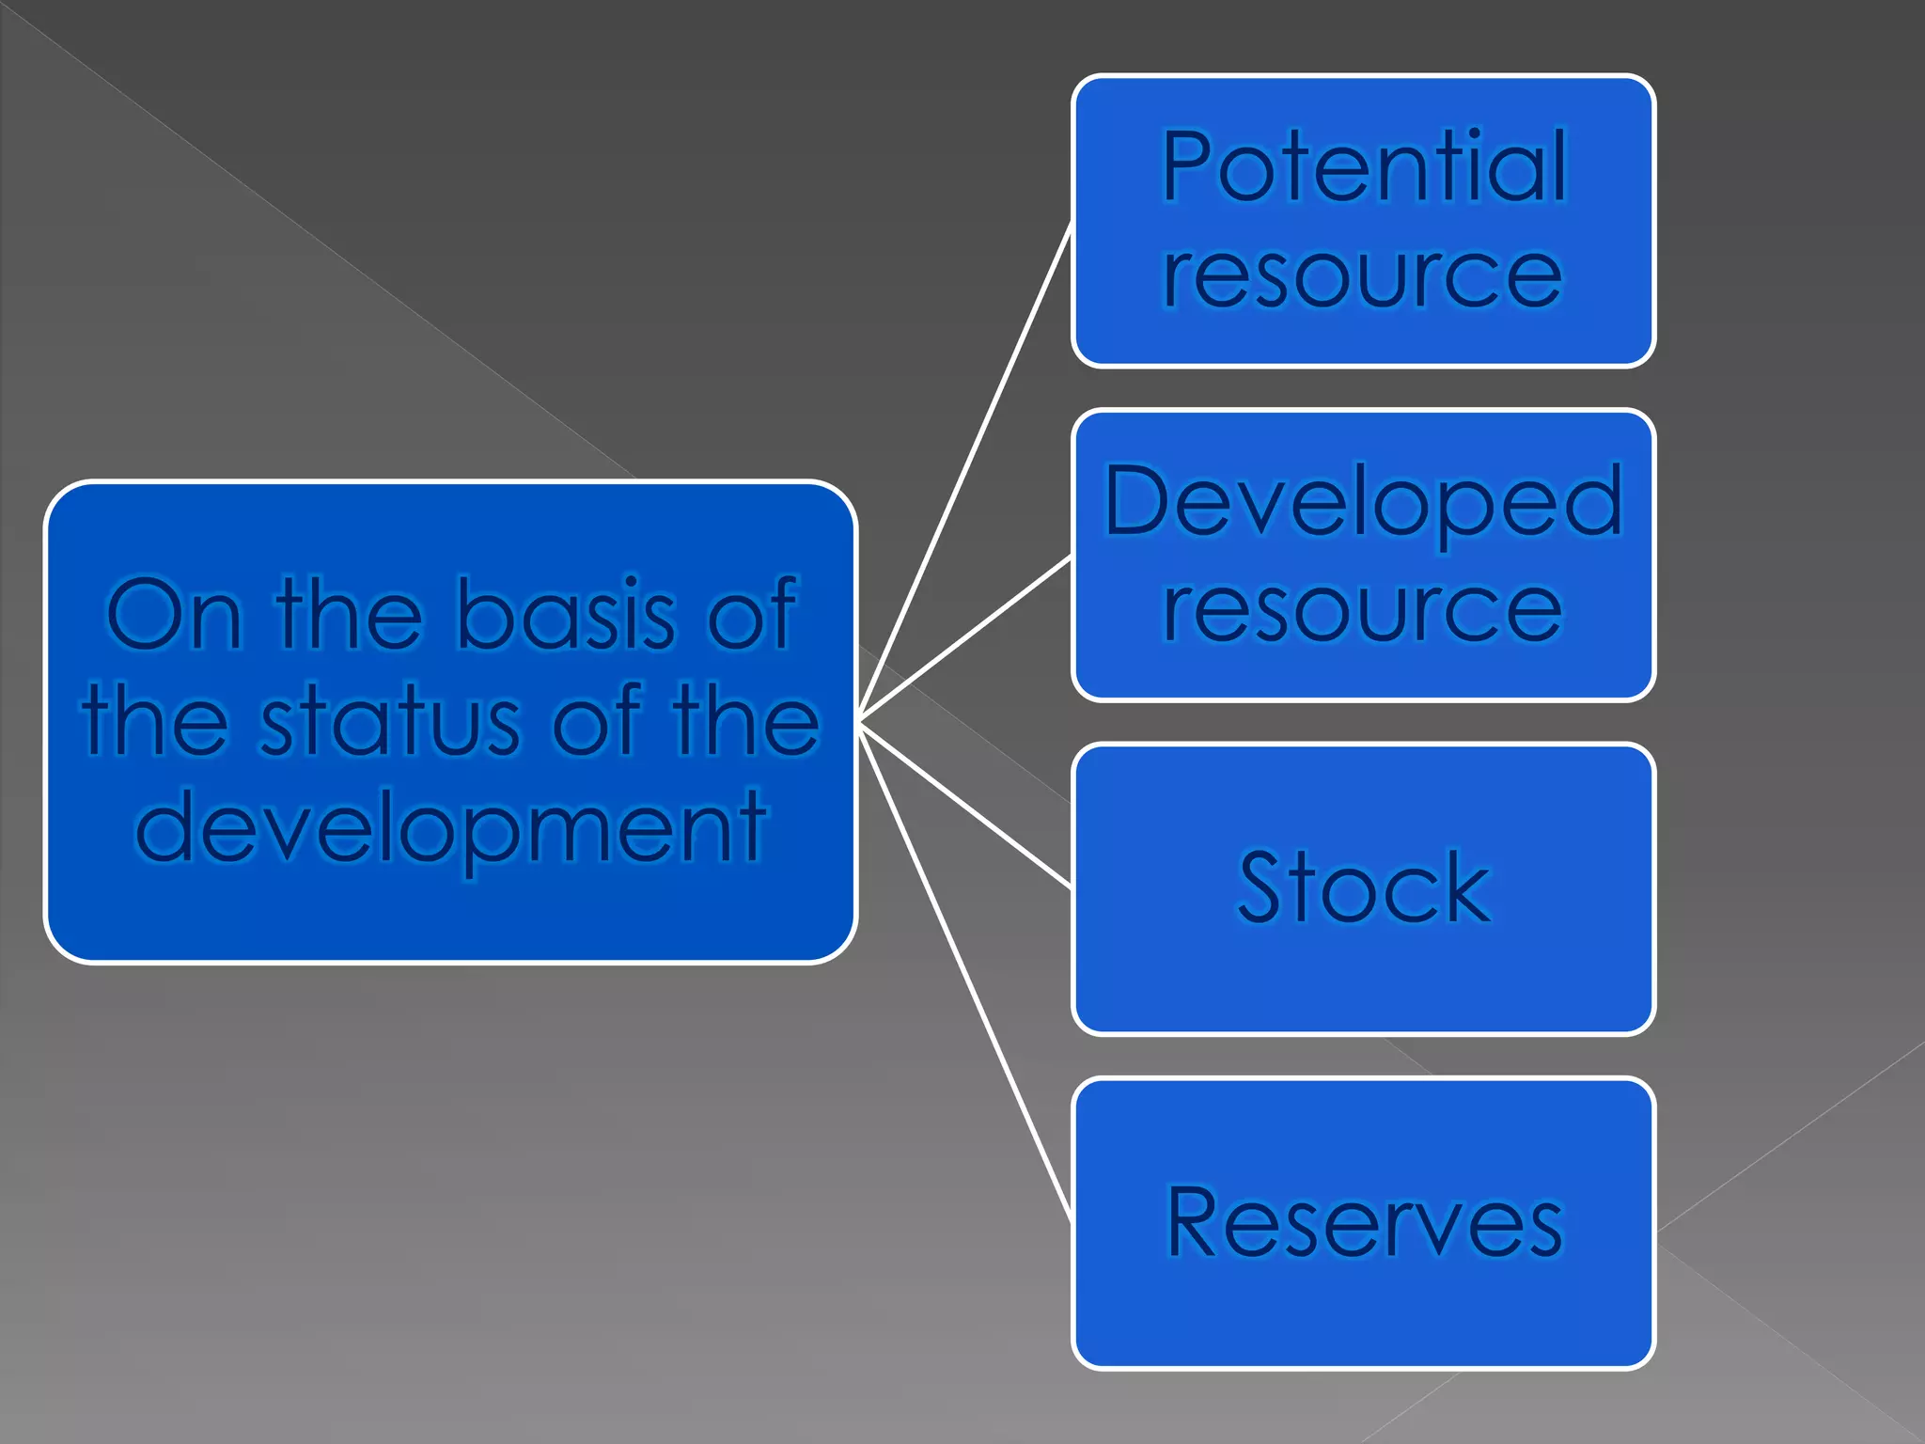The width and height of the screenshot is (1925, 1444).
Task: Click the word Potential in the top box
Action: click(x=1363, y=167)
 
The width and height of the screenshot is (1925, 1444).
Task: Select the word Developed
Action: click(x=1363, y=503)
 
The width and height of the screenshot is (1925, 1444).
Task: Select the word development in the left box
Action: click(x=451, y=827)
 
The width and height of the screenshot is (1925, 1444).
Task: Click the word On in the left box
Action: click(x=174, y=616)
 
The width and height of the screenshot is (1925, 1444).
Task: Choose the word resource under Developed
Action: click(x=1363, y=610)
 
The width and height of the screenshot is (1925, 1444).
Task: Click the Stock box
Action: click(x=1363, y=978)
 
